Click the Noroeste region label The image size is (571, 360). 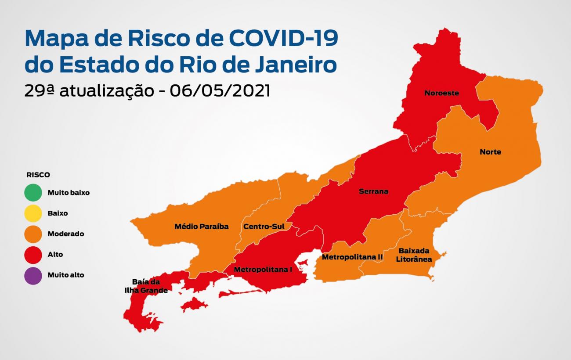[x=441, y=93]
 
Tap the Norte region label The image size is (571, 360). [x=490, y=152]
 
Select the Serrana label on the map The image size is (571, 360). [x=373, y=191]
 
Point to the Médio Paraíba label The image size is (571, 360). [x=202, y=227]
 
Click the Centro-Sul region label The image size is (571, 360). [x=264, y=227]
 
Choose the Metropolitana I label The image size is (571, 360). [x=263, y=270]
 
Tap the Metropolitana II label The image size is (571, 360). [x=352, y=257]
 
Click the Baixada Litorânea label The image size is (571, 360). [x=414, y=255]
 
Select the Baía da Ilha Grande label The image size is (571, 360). [x=145, y=286]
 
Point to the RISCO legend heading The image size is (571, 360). [x=38, y=175]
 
